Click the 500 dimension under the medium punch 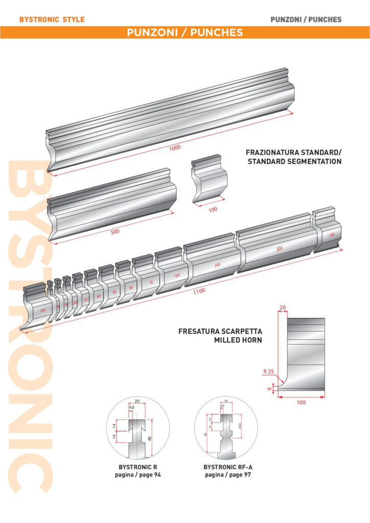[x=115, y=231]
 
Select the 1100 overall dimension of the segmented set [x=199, y=291]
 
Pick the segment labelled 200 [x=217, y=266]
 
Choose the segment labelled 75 [x=151, y=282]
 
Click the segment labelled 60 [x=131, y=288]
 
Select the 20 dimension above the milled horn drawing [x=282, y=307]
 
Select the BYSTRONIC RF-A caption [x=226, y=467]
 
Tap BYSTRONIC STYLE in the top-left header [x=52, y=20]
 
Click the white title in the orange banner [x=184, y=33]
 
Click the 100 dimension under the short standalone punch [x=213, y=209]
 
